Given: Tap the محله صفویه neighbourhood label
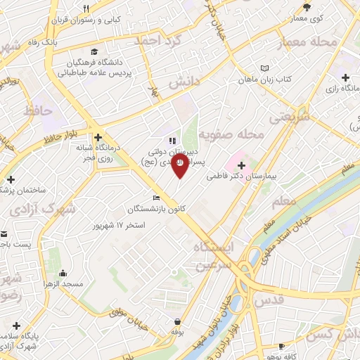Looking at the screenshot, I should (x=231, y=133).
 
